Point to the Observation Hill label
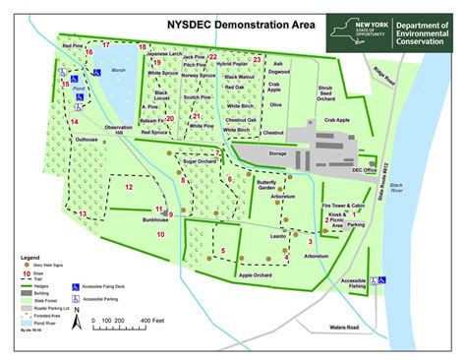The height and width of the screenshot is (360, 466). (x=117, y=132)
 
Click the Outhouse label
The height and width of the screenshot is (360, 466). (x=87, y=140)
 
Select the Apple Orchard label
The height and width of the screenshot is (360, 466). (x=257, y=274)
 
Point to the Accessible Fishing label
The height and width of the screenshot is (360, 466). (x=354, y=283)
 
